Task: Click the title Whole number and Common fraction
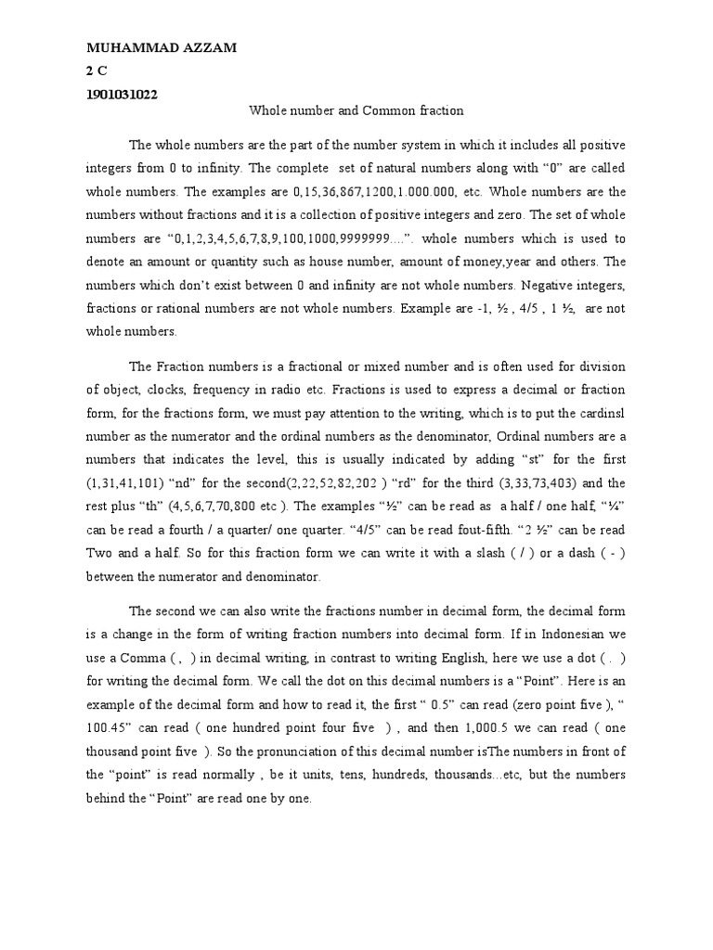356,110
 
